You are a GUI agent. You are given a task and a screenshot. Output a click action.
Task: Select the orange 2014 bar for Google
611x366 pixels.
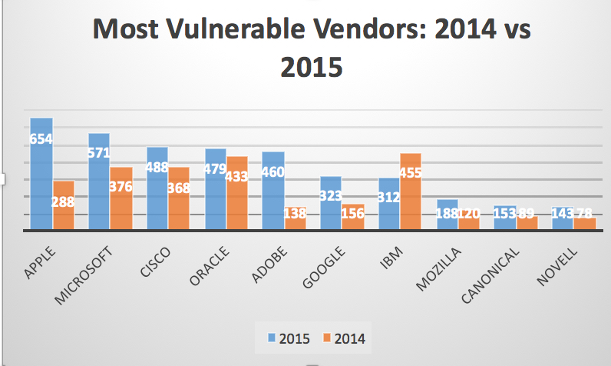tap(353, 220)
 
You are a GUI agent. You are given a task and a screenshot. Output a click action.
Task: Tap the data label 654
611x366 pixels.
tap(41, 140)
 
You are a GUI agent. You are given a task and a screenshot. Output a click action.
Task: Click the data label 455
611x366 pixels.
tap(410, 172)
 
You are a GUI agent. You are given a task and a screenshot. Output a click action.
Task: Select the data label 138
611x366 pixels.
tap(295, 213)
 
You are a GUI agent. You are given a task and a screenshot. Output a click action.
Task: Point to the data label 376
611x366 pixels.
tap(121, 186)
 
